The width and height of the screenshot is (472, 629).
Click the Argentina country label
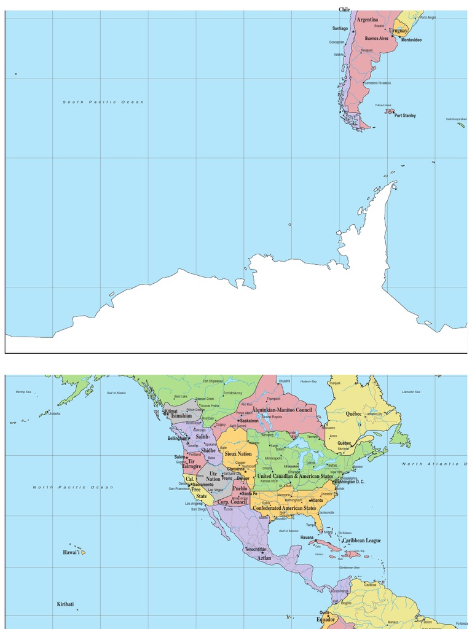(x=368, y=20)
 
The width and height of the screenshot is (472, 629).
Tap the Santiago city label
(x=340, y=28)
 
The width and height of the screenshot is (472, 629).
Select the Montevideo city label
(x=411, y=39)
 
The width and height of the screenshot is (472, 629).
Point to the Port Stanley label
(x=405, y=115)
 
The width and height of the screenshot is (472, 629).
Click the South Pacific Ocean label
(x=103, y=102)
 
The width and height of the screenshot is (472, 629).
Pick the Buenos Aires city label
(x=377, y=38)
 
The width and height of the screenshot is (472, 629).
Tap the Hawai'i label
(x=71, y=553)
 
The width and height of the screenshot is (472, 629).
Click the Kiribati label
(x=66, y=604)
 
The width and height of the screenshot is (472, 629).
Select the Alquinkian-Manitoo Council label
(x=282, y=410)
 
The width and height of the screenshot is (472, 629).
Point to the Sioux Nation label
(x=238, y=454)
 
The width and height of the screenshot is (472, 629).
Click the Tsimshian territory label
(x=181, y=416)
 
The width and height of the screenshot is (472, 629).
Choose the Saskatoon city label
(x=249, y=421)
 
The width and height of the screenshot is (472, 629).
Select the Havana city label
(x=307, y=537)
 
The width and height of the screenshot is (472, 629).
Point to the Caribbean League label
(x=361, y=541)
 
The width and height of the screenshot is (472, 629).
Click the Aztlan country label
(x=264, y=558)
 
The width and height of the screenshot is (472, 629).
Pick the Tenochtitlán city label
(x=256, y=549)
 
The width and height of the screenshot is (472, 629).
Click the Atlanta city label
(x=317, y=500)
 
